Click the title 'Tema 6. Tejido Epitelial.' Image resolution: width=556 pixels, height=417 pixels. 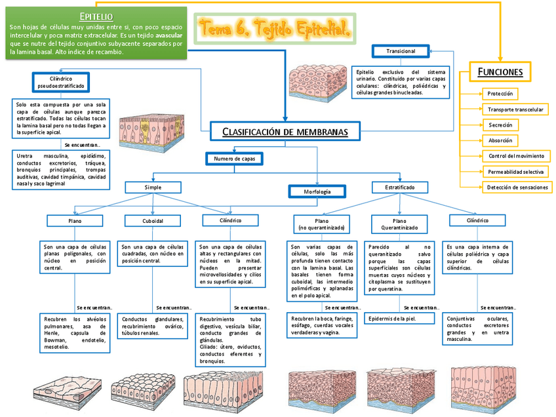tap(275, 29)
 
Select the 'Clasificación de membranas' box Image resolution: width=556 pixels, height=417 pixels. tap(285, 132)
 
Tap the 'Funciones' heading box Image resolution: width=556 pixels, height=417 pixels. tap(500, 71)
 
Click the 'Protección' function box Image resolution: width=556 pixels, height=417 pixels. tap(500, 94)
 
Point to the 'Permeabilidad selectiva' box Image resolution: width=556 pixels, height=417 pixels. tap(515, 172)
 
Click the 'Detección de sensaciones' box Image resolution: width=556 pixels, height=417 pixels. tap(517, 187)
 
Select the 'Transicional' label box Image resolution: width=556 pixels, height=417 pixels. tap(401, 51)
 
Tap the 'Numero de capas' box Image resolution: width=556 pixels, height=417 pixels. tap(234, 159)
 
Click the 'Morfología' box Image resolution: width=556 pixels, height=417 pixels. tap(317, 191)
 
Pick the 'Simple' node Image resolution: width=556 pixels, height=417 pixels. tap(153, 188)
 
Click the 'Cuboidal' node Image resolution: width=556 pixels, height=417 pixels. tap(153, 221)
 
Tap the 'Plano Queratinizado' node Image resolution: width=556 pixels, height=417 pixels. tap(399, 224)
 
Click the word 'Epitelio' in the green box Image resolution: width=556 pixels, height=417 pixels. tap(96, 16)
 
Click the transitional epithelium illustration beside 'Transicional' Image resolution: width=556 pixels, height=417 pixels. tap(316, 82)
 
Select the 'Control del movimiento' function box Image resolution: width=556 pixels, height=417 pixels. tap(516, 156)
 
